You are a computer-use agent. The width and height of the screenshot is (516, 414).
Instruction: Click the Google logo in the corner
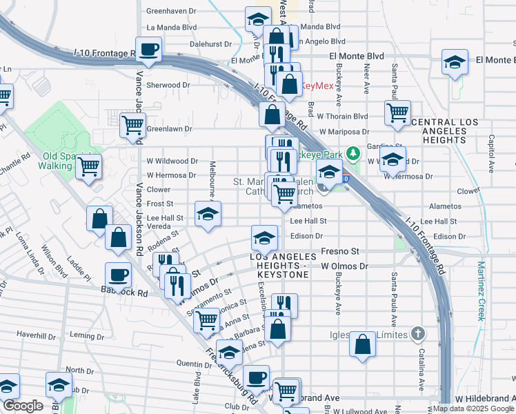click(23, 406)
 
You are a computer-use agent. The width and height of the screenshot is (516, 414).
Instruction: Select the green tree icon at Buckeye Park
click(353, 152)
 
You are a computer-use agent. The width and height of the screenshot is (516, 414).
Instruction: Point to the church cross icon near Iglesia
click(417, 334)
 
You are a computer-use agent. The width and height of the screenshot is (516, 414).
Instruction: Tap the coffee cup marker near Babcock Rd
click(118, 275)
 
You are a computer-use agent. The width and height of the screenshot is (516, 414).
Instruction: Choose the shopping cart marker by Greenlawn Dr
click(132, 125)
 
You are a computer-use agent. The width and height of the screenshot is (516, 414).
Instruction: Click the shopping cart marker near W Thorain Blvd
click(398, 113)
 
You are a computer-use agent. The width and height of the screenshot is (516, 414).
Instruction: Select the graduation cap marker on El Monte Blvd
click(455, 62)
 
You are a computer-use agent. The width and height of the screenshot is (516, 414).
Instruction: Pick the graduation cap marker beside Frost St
click(206, 214)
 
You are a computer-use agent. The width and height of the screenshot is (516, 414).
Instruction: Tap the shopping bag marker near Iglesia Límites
click(362, 344)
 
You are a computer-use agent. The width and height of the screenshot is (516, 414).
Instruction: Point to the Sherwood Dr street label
click(168, 85)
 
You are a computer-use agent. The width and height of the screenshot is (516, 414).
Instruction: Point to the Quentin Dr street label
click(193, 364)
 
